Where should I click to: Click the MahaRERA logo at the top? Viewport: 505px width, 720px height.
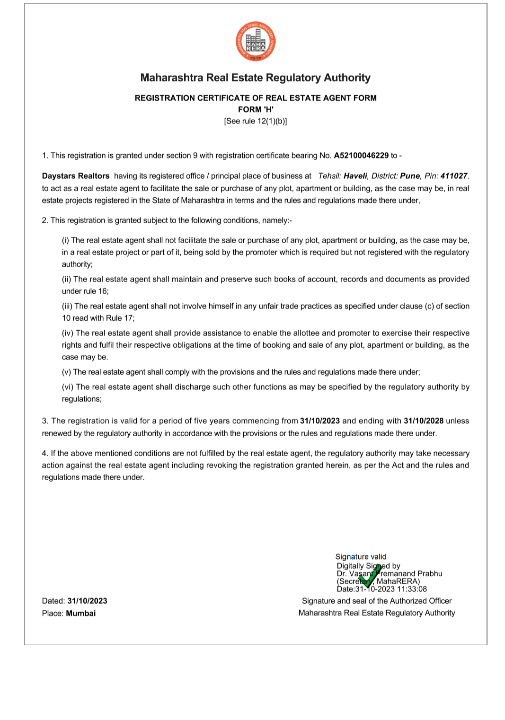click(x=256, y=42)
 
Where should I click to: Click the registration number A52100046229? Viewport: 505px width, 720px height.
click(x=361, y=156)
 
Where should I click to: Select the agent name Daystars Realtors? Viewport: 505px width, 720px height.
click(x=76, y=176)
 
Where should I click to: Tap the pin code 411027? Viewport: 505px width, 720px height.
click(x=453, y=176)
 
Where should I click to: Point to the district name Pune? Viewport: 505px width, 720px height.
click(x=410, y=176)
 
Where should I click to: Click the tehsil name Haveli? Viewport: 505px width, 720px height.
click(x=355, y=176)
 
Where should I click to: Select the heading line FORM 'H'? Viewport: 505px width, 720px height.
click(x=256, y=109)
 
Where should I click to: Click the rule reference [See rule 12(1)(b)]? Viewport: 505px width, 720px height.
click(x=256, y=121)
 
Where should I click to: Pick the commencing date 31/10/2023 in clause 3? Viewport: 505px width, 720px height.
click(x=320, y=421)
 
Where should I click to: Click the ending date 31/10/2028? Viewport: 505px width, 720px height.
click(x=424, y=421)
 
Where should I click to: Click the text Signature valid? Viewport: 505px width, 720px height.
click(x=361, y=557)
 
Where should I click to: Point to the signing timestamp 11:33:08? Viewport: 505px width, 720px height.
click(x=412, y=589)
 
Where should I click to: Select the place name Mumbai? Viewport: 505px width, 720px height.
click(x=81, y=614)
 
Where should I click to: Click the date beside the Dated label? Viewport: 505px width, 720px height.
click(x=87, y=601)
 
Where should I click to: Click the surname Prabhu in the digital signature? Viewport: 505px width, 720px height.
click(x=430, y=574)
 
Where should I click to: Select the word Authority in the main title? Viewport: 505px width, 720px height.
click(x=347, y=78)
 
